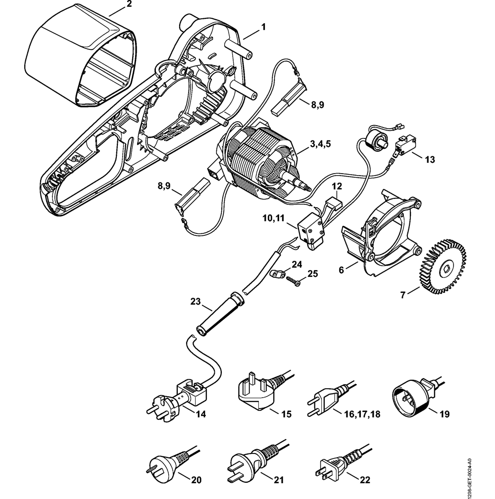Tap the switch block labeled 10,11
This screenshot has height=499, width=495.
310,230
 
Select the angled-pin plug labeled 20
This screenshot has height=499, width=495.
161,464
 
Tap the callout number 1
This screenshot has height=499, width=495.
263,26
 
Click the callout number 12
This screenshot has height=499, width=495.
337,187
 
